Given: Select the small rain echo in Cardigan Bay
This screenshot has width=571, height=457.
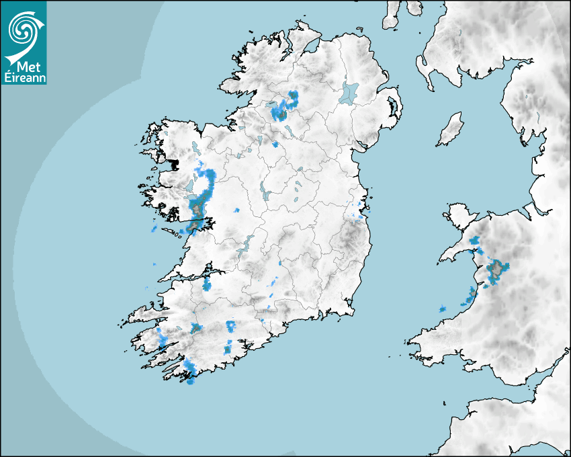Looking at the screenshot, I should pyautogui.click(x=443, y=308).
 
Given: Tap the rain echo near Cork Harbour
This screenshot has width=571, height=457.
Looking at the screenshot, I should pyautogui.click(x=228, y=348).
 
